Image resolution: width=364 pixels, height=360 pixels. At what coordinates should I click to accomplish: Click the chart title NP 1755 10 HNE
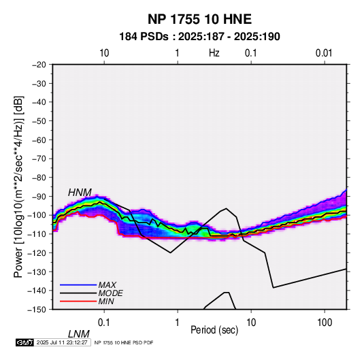[x=199, y=19]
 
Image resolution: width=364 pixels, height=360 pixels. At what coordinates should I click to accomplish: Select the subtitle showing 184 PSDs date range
[x=199, y=37]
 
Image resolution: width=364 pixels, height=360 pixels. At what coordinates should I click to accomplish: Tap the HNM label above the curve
[x=80, y=193]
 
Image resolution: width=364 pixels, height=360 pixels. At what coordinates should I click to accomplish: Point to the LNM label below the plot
[x=78, y=334]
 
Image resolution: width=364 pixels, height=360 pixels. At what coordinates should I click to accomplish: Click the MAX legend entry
[x=107, y=285]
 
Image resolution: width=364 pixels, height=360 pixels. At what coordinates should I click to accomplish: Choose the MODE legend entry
[x=110, y=293]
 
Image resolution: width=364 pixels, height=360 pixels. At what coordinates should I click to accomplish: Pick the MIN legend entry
[x=106, y=301]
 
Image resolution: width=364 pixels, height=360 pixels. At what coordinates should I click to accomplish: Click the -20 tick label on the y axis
[x=39, y=65]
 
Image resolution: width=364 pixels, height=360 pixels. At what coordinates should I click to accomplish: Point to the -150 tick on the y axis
[x=37, y=309]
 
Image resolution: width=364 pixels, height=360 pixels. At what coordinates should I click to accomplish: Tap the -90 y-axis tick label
[x=39, y=196]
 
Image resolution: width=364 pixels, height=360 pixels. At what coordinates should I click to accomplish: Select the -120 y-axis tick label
[x=37, y=252]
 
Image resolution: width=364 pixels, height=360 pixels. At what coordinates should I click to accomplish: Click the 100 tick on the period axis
[x=325, y=323]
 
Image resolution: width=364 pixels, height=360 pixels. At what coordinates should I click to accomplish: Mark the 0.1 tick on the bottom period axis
[x=104, y=323]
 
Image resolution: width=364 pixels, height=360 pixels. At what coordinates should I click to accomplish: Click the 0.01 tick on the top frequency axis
[x=324, y=53]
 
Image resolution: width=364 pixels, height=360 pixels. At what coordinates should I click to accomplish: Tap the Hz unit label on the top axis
[x=214, y=53]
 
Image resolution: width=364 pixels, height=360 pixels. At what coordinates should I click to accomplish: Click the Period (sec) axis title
[x=214, y=330]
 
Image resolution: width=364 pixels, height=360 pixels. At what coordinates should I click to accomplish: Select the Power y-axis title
[x=18, y=187]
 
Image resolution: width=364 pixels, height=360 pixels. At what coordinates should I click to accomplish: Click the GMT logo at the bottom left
[x=24, y=342]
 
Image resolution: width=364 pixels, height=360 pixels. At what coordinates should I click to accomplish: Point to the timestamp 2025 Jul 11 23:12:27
[x=62, y=342]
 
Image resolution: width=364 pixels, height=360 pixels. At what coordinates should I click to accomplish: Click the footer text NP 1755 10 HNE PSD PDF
[x=124, y=342]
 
